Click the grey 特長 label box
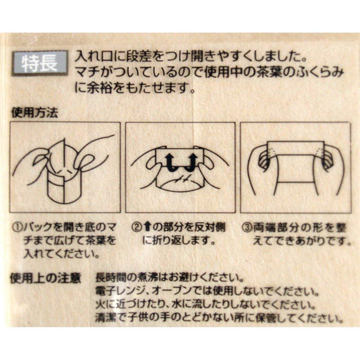40,63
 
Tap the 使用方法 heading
34,113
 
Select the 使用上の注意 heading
45,278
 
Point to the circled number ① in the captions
17,228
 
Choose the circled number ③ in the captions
247,228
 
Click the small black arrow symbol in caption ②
147,227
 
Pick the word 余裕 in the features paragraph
100,88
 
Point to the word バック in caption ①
38,228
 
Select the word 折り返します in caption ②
182,241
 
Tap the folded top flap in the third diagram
295,149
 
